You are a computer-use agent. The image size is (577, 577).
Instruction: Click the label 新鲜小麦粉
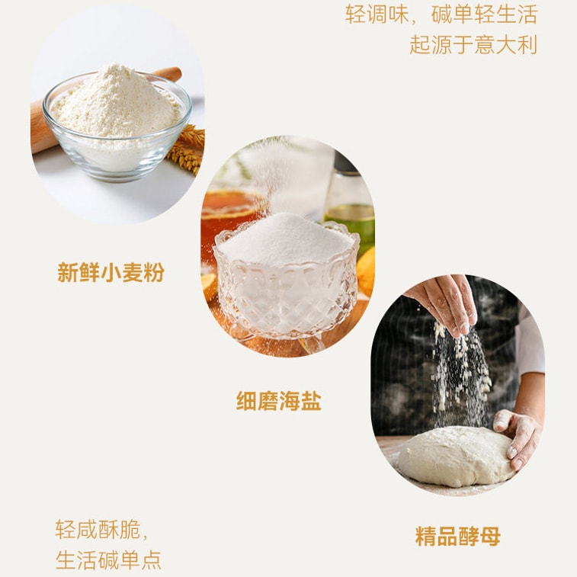coord(111,272)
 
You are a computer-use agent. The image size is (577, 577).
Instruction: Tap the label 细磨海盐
coord(278,401)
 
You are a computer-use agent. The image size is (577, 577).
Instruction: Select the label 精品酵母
coord(457,536)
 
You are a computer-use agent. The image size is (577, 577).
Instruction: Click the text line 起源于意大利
coord(473,44)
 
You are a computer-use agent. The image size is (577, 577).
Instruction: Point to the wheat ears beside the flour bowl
coord(188,149)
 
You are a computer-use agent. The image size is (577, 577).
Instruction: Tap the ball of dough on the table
coord(455,455)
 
